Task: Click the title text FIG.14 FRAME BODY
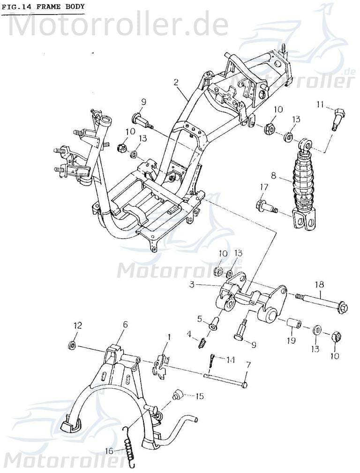43,7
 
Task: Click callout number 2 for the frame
176,83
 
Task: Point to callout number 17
264,188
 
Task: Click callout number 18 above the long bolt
319,283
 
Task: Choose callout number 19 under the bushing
291,340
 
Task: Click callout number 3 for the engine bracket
192,284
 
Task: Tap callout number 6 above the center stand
125,324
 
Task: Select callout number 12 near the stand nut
77,325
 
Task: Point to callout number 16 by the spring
109,451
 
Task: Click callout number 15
199,396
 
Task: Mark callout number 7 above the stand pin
248,364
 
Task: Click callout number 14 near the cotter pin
230,360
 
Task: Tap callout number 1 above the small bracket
169,336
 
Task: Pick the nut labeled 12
73,346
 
